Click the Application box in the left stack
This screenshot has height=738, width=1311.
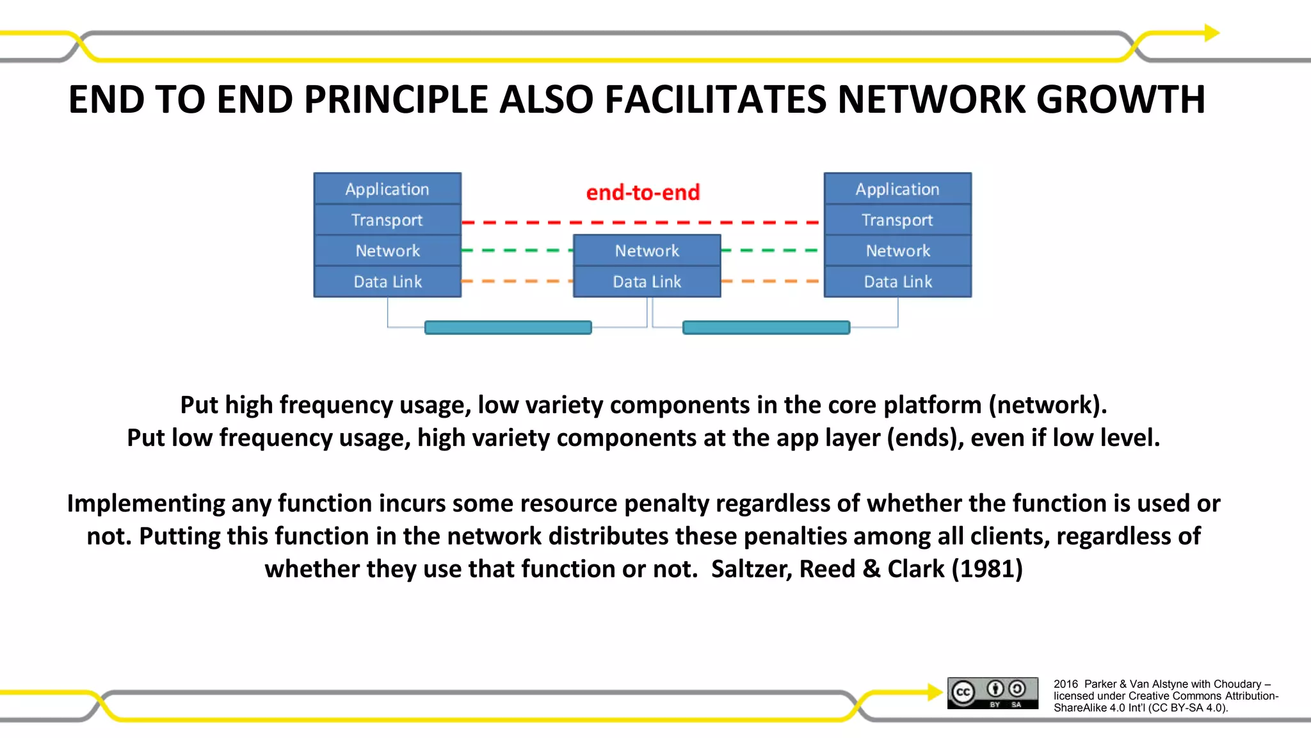click(x=387, y=189)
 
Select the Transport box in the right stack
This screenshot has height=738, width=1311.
click(x=897, y=220)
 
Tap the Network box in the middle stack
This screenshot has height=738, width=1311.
click(x=647, y=250)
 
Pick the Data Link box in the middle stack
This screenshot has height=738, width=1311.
click(x=647, y=281)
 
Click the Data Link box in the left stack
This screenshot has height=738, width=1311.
click(x=387, y=281)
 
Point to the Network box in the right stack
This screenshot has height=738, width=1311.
click(x=897, y=250)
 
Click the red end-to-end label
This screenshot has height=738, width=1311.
click(x=643, y=192)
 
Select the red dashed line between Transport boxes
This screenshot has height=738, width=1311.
click(x=640, y=222)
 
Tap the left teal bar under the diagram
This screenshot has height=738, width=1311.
click(x=508, y=327)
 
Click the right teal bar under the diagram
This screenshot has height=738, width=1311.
click(x=766, y=327)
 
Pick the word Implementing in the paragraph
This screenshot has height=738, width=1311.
click(x=145, y=503)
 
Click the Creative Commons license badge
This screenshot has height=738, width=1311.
click(x=993, y=693)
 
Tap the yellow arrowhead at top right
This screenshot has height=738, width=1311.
click(x=1212, y=33)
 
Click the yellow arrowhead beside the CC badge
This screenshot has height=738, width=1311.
click(x=935, y=692)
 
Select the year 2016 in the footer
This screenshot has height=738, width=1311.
click(x=1065, y=684)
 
